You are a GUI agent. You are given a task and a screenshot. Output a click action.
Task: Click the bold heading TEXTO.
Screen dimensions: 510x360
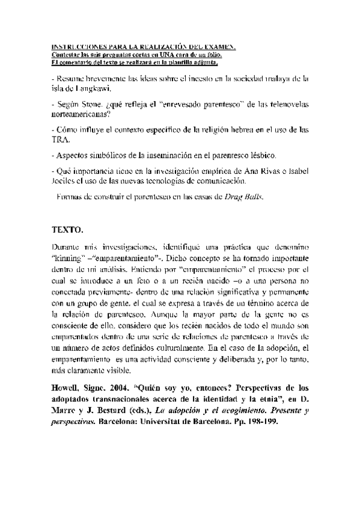pos(67,230)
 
